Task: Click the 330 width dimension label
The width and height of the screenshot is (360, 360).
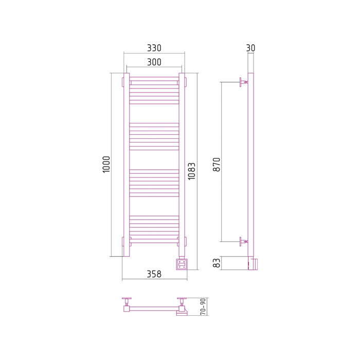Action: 154,48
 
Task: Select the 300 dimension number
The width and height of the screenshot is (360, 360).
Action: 154,62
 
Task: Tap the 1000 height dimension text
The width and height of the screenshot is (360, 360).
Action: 106,165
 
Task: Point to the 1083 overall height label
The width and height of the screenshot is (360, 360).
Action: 191,171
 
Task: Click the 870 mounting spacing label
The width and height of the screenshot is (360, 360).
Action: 217,165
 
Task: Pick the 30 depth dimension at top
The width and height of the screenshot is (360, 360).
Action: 250,48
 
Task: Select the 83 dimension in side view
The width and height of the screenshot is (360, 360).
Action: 217,263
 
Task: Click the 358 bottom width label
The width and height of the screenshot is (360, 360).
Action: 154,274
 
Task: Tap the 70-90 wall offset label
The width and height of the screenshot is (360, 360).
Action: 203,307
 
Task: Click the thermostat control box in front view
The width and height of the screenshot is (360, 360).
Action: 182,264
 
